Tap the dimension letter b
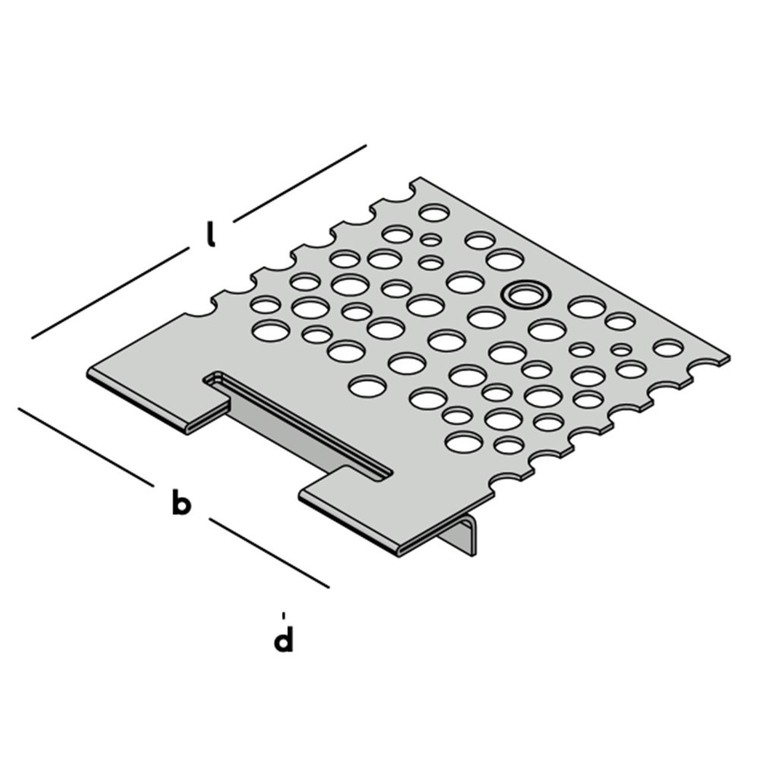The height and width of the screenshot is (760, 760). click(x=180, y=502)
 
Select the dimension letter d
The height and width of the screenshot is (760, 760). click(x=283, y=639)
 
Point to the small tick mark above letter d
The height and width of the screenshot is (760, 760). click(x=283, y=614)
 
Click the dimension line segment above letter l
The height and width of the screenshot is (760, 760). click(x=300, y=182)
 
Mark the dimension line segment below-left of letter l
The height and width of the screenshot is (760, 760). click(x=110, y=293)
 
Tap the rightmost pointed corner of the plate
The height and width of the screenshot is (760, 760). click(x=728, y=357)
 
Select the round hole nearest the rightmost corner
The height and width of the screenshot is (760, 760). click(x=668, y=348)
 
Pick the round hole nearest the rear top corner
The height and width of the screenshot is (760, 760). click(x=434, y=212)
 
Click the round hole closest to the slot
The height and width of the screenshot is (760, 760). click(x=366, y=385)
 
